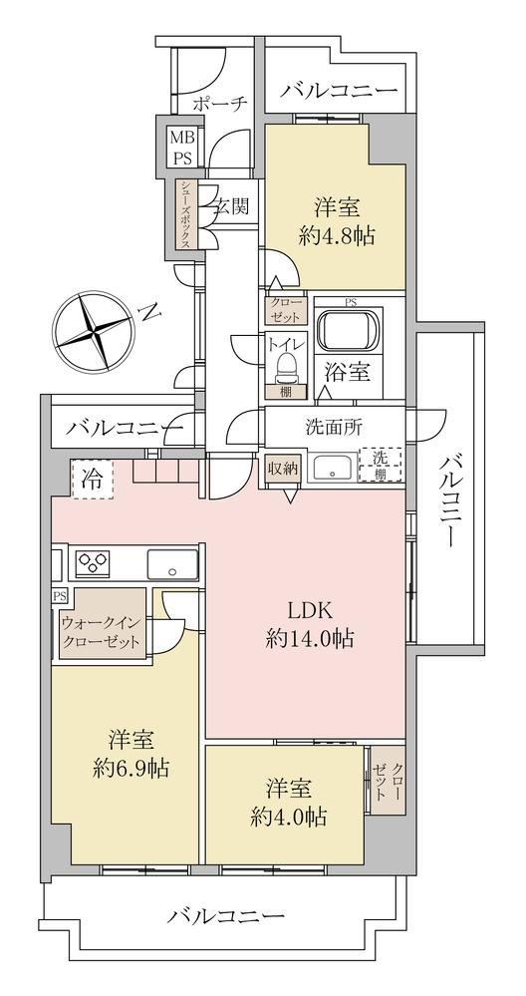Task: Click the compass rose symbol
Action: click(94, 332)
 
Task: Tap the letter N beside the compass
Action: click(148, 311)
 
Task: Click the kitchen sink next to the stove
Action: click(172, 564)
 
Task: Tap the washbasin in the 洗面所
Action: click(333, 469)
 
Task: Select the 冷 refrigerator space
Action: click(93, 480)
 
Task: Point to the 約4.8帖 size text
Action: click(337, 236)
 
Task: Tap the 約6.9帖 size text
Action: click(131, 770)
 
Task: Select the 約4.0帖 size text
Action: click(289, 816)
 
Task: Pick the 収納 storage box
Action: click(282, 471)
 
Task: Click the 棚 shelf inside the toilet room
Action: click(286, 391)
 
